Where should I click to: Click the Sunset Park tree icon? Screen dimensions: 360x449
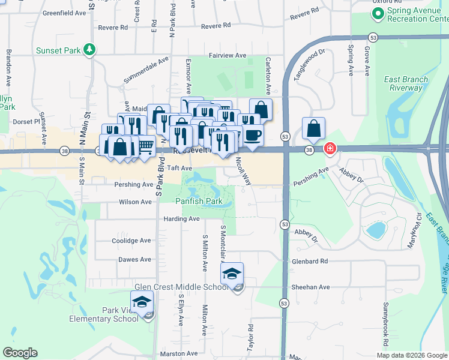point(89,49)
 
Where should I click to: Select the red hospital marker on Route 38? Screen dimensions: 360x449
point(330,148)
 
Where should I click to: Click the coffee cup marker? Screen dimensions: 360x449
point(253,134)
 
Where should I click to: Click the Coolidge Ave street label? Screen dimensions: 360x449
point(131,241)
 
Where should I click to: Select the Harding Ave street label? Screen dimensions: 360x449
point(181,219)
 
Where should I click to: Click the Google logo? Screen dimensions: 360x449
point(20,353)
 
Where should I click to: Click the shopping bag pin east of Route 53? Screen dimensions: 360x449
point(314,128)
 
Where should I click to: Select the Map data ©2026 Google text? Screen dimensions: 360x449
point(411,355)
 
